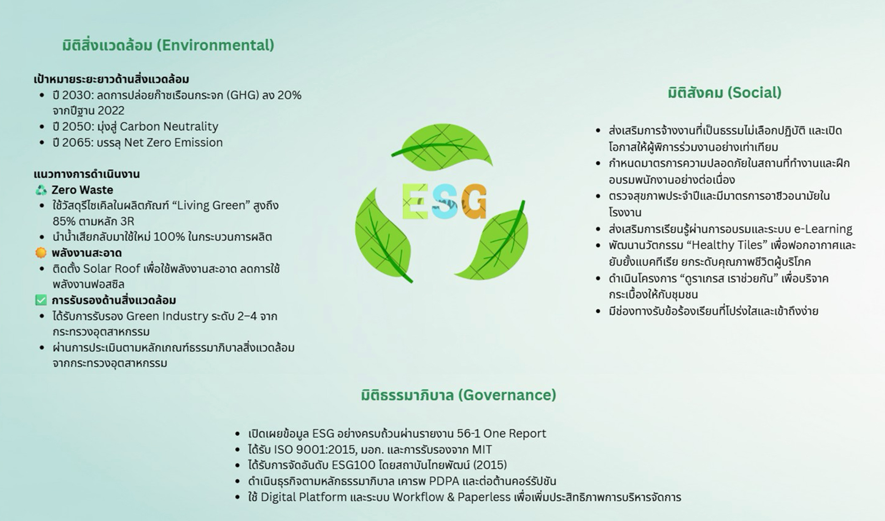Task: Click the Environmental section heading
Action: pyautogui.click(x=168, y=45)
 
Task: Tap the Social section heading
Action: pyautogui.click(x=724, y=93)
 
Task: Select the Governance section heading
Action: pyautogui.click(x=459, y=395)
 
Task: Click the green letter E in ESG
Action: pyautogui.click(x=415, y=202)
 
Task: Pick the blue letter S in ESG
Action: pyautogui.click(x=445, y=202)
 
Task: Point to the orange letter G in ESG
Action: pyautogui.click(x=474, y=201)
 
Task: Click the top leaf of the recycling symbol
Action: pyautogui.click(x=442, y=147)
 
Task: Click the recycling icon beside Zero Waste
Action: pyautogui.click(x=41, y=190)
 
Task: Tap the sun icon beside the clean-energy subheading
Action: pyautogui.click(x=41, y=253)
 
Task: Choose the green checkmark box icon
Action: pyautogui.click(x=41, y=300)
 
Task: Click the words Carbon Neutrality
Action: pyautogui.click(x=169, y=126)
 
